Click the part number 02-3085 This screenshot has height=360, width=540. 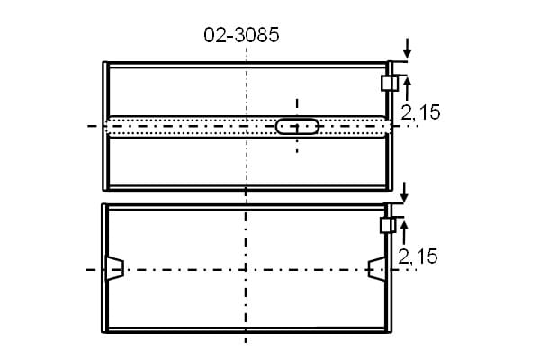[241, 35]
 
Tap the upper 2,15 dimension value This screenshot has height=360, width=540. [420, 112]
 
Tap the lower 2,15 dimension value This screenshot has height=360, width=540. [418, 256]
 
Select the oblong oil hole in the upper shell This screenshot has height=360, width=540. [297, 126]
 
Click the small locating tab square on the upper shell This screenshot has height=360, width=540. [390, 83]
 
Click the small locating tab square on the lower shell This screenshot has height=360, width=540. [388, 225]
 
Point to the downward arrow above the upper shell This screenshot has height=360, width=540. [408, 49]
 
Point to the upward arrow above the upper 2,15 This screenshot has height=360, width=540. [408, 88]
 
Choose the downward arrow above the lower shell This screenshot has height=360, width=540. [404, 193]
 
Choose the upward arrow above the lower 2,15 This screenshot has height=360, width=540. [404, 231]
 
